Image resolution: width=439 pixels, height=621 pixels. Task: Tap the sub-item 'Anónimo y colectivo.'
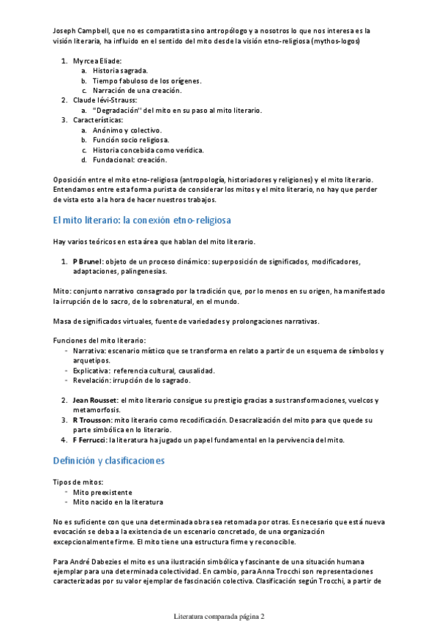(127, 130)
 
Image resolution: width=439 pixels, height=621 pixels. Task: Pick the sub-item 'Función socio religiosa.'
(131, 139)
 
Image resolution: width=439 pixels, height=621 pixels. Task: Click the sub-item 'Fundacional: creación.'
(130, 159)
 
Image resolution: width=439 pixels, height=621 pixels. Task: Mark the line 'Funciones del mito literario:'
(100, 341)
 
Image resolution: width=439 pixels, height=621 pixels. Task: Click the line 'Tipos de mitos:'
(78, 482)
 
